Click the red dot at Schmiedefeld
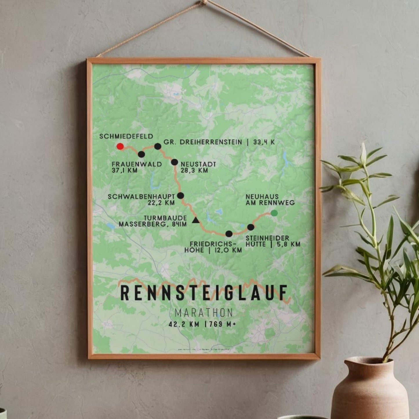(120, 146)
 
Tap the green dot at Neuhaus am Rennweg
(274, 213)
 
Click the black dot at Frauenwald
(141, 154)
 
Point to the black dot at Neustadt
(174, 162)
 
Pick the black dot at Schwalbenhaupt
(180, 195)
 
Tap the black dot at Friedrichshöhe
(229, 234)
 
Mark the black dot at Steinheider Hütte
(251, 227)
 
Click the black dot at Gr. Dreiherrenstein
(158, 146)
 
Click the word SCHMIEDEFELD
(126, 137)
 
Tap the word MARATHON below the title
(204, 313)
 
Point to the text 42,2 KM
(184, 324)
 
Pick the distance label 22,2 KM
(162, 203)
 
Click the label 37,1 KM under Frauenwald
(124, 170)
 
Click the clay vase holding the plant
(371, 389)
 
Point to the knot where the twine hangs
(205, 2)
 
